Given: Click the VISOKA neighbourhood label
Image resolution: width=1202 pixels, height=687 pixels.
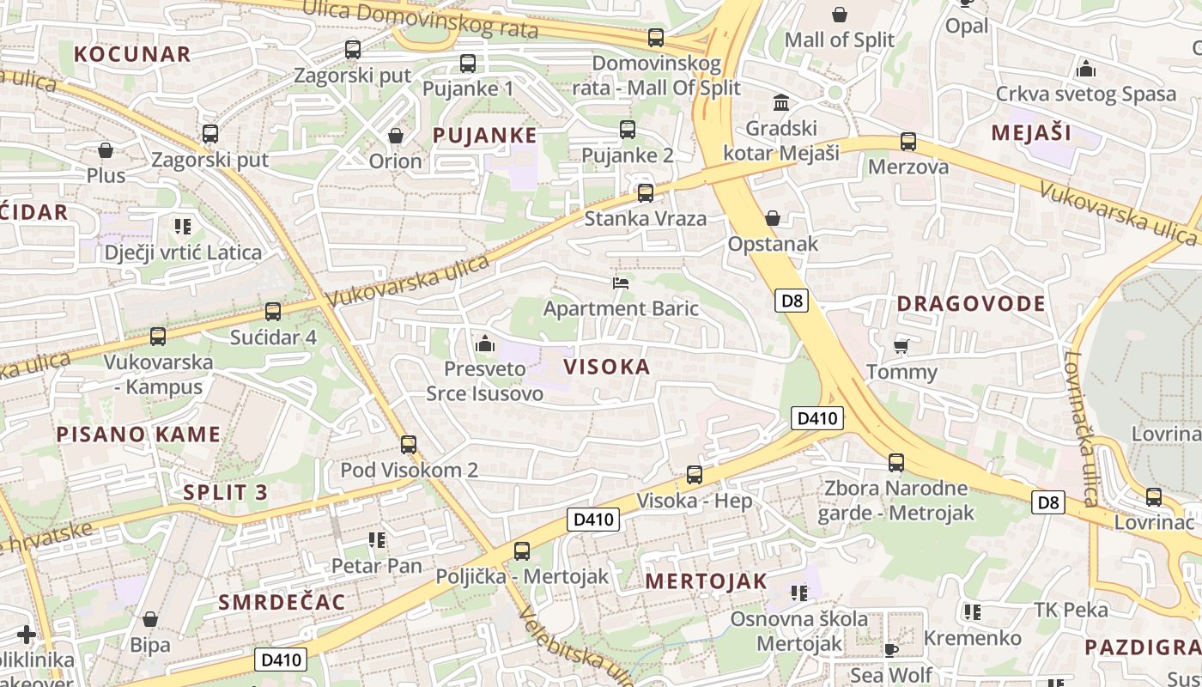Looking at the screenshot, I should click(x=607, y=367).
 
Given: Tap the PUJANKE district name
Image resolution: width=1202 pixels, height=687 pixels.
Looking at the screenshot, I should click(x=485, y=135).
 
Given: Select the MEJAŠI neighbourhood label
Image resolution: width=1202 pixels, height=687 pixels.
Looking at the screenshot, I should click(x=1031, y=132).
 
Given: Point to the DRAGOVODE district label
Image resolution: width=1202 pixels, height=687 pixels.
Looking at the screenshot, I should click(x=971, y=303).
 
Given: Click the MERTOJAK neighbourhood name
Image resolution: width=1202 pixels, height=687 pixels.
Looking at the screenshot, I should click(x=706, y=581).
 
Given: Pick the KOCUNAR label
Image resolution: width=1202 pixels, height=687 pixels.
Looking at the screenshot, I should click(x=132, y=54).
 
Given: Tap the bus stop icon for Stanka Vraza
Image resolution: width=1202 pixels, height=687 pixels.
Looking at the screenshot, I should click(x=646, y=192).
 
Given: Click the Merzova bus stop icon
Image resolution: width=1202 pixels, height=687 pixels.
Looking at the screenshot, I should click(x=908, y=142).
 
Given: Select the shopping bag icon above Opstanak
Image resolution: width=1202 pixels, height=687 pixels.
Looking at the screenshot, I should click(x=773, y=218).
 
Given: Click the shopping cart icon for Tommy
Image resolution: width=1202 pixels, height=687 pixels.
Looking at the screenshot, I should click(x=901, y=346).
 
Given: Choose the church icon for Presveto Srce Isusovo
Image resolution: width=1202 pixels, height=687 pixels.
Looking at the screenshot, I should click(x=485, y=343).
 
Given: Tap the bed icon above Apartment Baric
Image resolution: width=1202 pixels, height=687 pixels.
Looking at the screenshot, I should click(x=621, y=283).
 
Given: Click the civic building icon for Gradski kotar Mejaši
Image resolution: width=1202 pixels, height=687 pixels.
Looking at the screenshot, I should click(x=781, y=103).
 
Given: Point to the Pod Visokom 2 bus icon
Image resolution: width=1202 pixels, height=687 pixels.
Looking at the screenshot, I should click(x=409, y=445).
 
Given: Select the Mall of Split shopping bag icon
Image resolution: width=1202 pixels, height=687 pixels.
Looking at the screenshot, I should click(x=840, y=15).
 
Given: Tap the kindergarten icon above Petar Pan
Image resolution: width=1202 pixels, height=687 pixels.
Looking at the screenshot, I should click(x=376, y=540).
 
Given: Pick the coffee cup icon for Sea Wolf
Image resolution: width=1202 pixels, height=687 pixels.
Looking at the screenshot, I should click(x=891, y=650).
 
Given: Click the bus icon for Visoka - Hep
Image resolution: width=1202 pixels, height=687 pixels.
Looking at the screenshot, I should click(x=694, y=475).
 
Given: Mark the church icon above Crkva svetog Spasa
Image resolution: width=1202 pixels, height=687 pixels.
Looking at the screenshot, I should click(x=1085, y=68).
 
